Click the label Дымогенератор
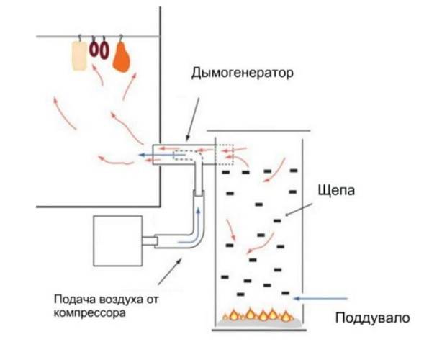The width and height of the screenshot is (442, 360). click(243, 73)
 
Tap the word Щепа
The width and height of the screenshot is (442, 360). click(336, 191)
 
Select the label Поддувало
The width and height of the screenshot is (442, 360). click(373, 318)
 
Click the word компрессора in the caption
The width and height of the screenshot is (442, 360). click(89, 313)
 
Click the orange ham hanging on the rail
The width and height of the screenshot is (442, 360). click(122, 58)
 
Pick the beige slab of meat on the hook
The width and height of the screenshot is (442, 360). click(79, 56)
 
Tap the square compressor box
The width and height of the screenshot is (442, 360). click(118, 240)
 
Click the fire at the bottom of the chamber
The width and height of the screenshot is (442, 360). click(256, 315)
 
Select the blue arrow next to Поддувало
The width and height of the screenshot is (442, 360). click(320, 298)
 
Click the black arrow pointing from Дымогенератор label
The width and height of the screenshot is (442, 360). click(192, 120)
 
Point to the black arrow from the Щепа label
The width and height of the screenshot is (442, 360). click(299, 210)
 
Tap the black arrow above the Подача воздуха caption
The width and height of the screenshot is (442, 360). click(170, 271)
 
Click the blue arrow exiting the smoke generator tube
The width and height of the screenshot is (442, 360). click(162, 155)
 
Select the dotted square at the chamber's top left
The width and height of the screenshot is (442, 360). click(225, 155)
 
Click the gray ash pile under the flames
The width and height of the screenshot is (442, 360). click(258, 323)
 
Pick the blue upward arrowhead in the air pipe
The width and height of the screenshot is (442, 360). click(199, 211)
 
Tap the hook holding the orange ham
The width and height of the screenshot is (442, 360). click(121, 38)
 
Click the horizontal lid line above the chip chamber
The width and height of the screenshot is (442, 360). click(258, 130)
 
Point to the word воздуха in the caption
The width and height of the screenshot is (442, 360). click(121, 300)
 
